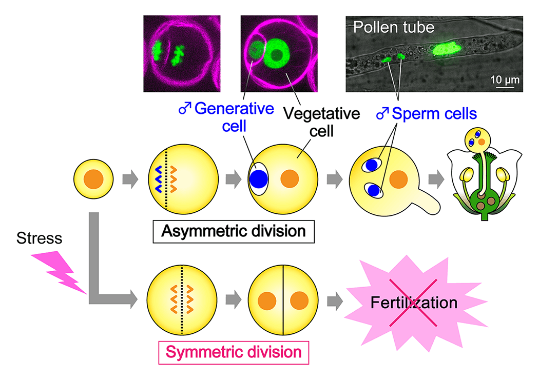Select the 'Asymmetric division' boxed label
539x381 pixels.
[234, 231]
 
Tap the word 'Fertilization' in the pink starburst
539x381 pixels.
[415, 302]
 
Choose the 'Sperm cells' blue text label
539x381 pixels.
[432, 114]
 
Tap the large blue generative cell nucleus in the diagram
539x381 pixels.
[259, 179]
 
